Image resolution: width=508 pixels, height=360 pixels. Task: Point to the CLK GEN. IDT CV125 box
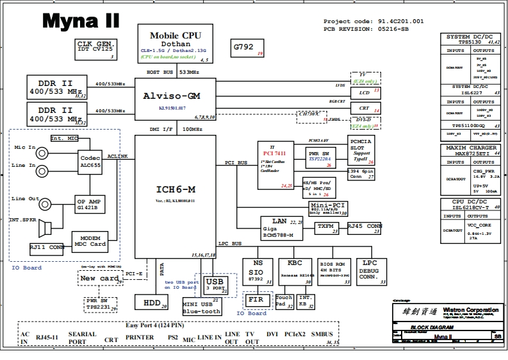(95, 49)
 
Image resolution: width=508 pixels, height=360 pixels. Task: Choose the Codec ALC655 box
(90, 160)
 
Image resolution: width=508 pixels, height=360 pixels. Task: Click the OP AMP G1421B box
(89, 203)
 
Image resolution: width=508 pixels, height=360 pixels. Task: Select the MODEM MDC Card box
(89, 241)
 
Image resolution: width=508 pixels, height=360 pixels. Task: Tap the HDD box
(151, 301)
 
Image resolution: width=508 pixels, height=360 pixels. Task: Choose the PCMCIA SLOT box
(362, 150)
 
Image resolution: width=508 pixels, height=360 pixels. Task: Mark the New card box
(99, 277)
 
